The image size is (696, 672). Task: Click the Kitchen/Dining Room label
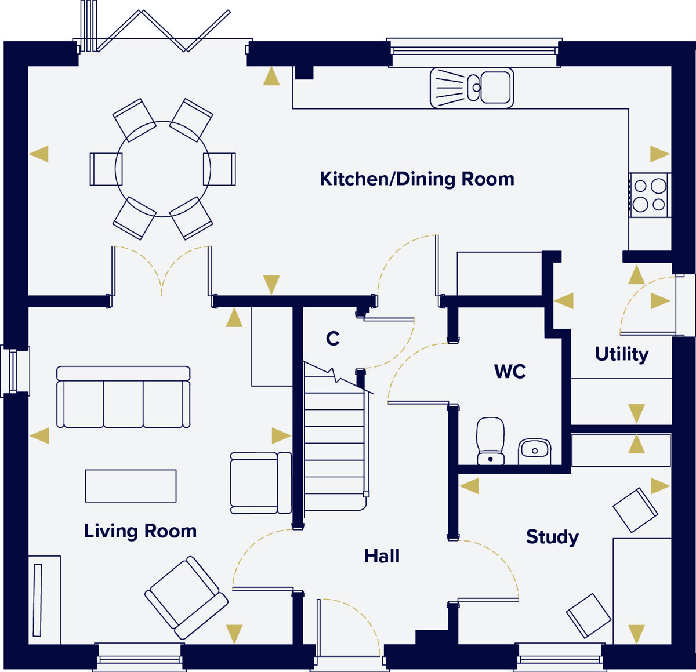pyautogui.click(x=416, y=179)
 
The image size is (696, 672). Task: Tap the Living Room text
pyautogui.click(x=140, y=531)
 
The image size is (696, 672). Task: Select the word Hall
pyautogui.click(x=382, y=556)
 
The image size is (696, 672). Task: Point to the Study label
pyautogui.click(x=552, y=537)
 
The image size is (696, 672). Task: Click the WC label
pyautogui.click(x=510, y=372)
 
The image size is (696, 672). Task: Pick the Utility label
pyautogui.click(x=622, y=354)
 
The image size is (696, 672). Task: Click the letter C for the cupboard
pyautogui.click(x=332, y=338)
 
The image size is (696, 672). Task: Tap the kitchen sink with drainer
pyautogui.click(x=472, y=88)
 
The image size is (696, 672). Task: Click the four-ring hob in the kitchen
pyautogui.click(x=650, y=195)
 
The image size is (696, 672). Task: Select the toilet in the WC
pyautogui.click(x=490, y=441)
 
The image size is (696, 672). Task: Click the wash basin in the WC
pyautogui.click(x=534, y=451)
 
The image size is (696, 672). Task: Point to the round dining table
pyautogui.click(x=163, y=169)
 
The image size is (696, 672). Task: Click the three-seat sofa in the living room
pyautogui.click(x=124, y=397)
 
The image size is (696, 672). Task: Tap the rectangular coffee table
pyautogui.click(x=130, y=486)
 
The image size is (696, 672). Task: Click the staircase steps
pyautogui.click(x=335, y=443)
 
